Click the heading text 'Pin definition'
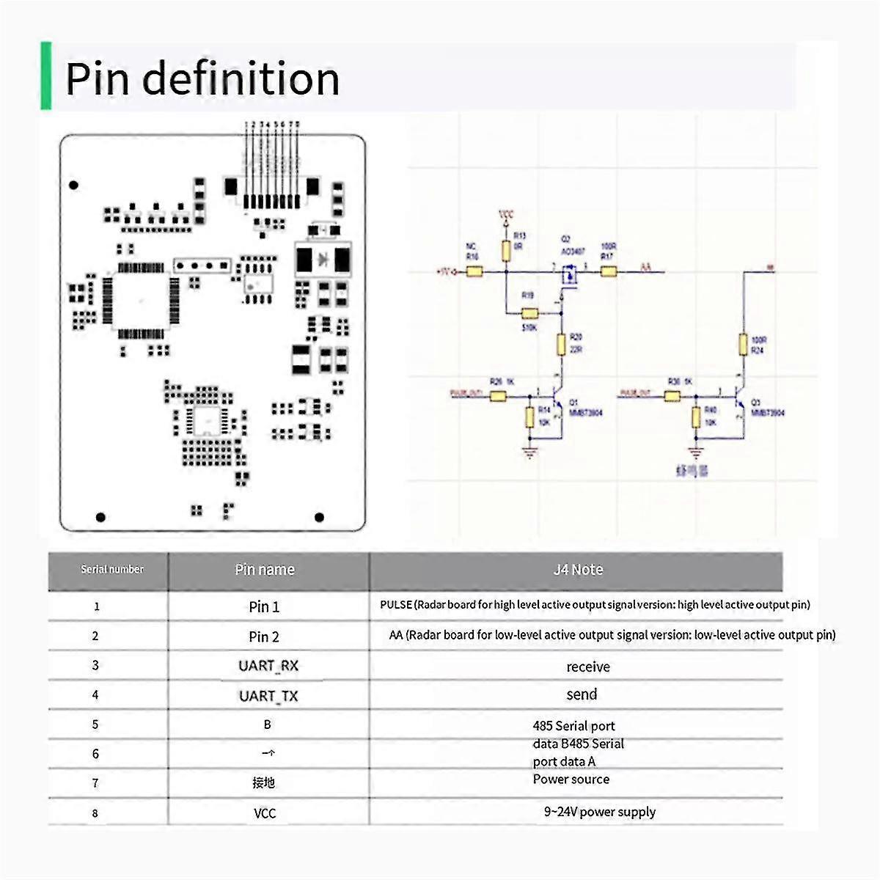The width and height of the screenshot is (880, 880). (202, 78)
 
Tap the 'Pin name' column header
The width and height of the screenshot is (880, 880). (265, 570)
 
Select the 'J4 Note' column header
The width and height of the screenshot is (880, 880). (578, 570)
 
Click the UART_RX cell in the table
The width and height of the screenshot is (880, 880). (268, 666)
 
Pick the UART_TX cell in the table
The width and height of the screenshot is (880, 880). (268, 696)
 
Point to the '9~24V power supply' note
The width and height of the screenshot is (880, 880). (599, 812)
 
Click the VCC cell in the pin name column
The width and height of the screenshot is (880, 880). (265, 813)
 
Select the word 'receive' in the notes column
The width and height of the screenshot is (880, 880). (588, 667)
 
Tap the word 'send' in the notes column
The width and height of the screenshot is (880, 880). (582, 694)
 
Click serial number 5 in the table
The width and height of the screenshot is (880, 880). (95, 725)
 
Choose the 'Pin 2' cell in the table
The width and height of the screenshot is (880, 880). (264, 637)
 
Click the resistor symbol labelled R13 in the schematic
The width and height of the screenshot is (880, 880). (506, 251)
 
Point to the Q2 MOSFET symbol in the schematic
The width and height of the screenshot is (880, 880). (568, 276)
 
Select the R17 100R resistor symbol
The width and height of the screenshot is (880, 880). (609, 272)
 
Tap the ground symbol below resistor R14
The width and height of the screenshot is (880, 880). (529, 452)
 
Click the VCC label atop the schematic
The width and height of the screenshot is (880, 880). (506, 215)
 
